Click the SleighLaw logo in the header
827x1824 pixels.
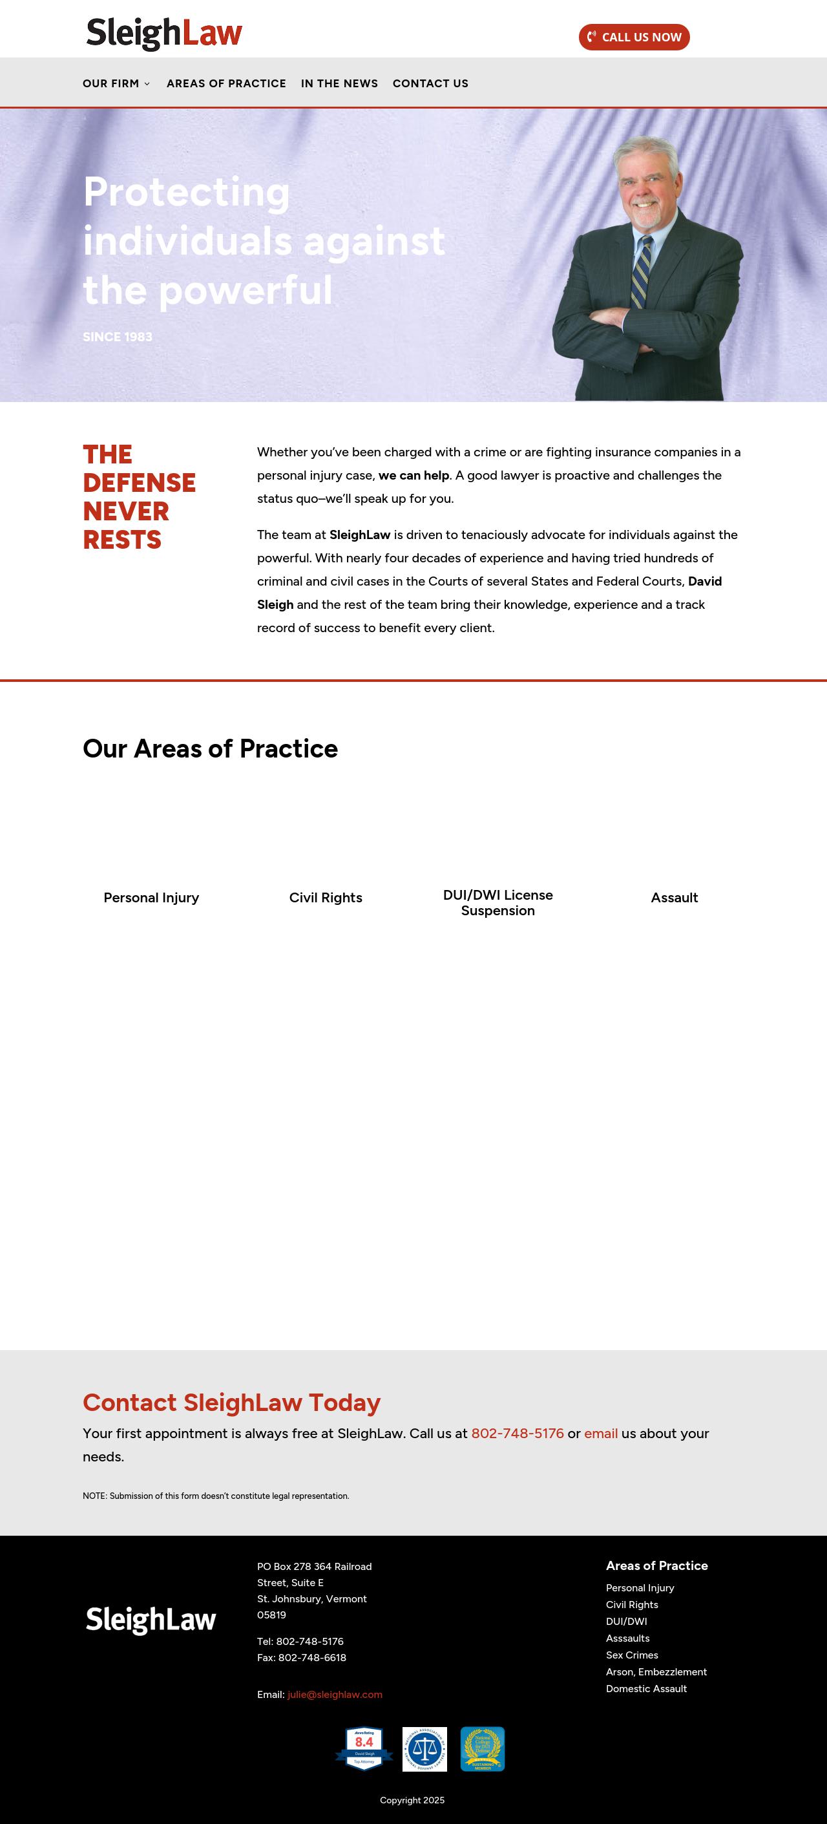163,33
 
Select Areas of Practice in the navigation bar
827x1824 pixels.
226,83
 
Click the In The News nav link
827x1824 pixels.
339,83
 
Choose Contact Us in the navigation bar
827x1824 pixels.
430,83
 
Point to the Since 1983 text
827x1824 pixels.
118,337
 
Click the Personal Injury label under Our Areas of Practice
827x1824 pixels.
151,898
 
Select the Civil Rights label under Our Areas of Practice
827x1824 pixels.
326,898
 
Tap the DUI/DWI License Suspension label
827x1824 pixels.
497,903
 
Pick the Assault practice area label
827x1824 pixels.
674,898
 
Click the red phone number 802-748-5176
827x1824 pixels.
518,1433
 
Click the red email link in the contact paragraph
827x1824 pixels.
600,1433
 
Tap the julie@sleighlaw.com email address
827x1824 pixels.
335,1695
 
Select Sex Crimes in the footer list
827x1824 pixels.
632,1655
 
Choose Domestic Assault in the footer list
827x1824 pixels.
645,1689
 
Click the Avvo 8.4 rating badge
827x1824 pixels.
364,1748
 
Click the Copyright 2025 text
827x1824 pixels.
412,1800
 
